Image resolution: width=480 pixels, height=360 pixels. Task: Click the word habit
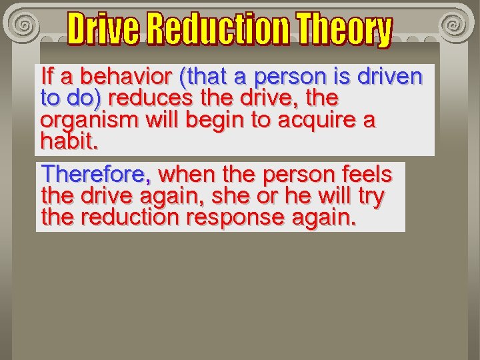(x=69, y=141)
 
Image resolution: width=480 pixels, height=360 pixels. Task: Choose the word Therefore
(x=96, y=175)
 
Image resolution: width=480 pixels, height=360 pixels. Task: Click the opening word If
(x=47, y=76)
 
